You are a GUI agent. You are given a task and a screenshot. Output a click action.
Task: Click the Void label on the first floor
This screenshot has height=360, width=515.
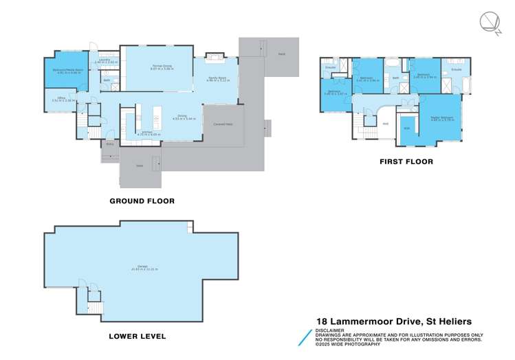tap(385, 124)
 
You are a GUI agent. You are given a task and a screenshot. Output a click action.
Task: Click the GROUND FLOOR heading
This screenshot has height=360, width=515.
tap(142, 201)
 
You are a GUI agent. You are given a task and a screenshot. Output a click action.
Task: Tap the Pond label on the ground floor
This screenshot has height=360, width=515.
tap(282, 53)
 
